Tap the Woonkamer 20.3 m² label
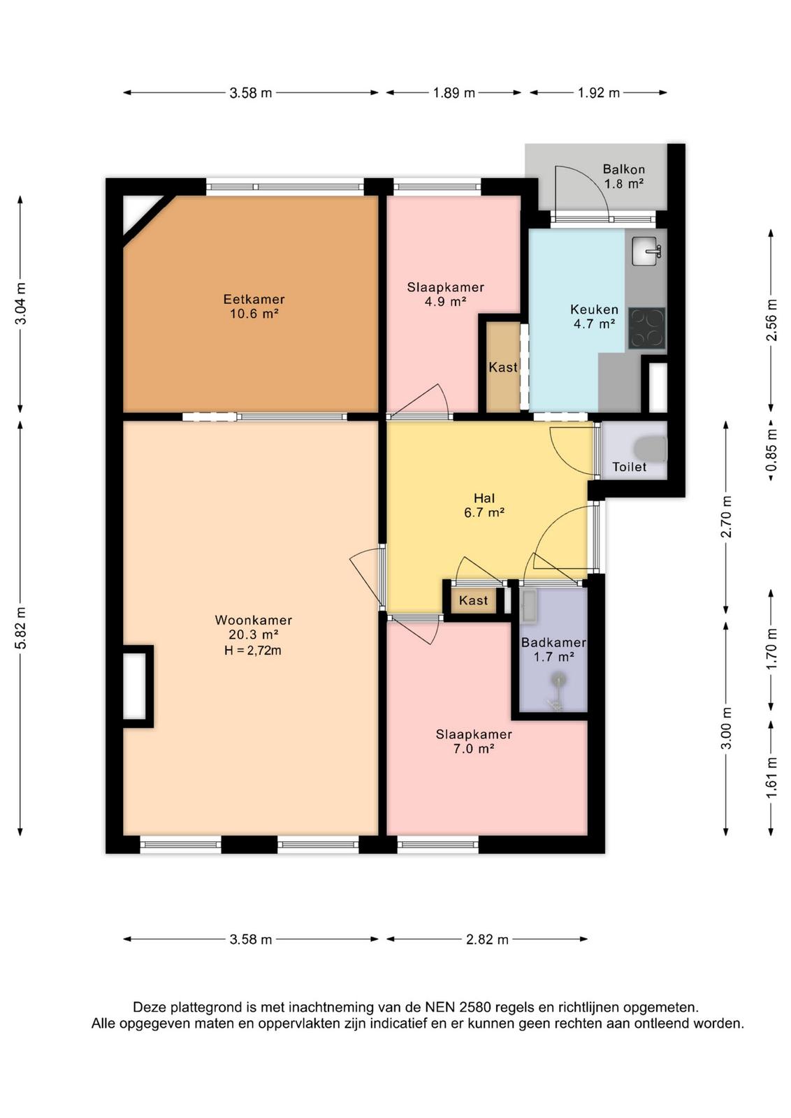254,627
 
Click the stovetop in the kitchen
647,328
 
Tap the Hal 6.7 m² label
484,505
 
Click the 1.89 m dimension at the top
453,93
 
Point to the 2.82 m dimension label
487,940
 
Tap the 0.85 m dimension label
771,451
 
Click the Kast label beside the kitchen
503,368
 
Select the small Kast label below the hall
473,600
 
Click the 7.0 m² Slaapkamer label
474,741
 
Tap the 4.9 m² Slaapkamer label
445,294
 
